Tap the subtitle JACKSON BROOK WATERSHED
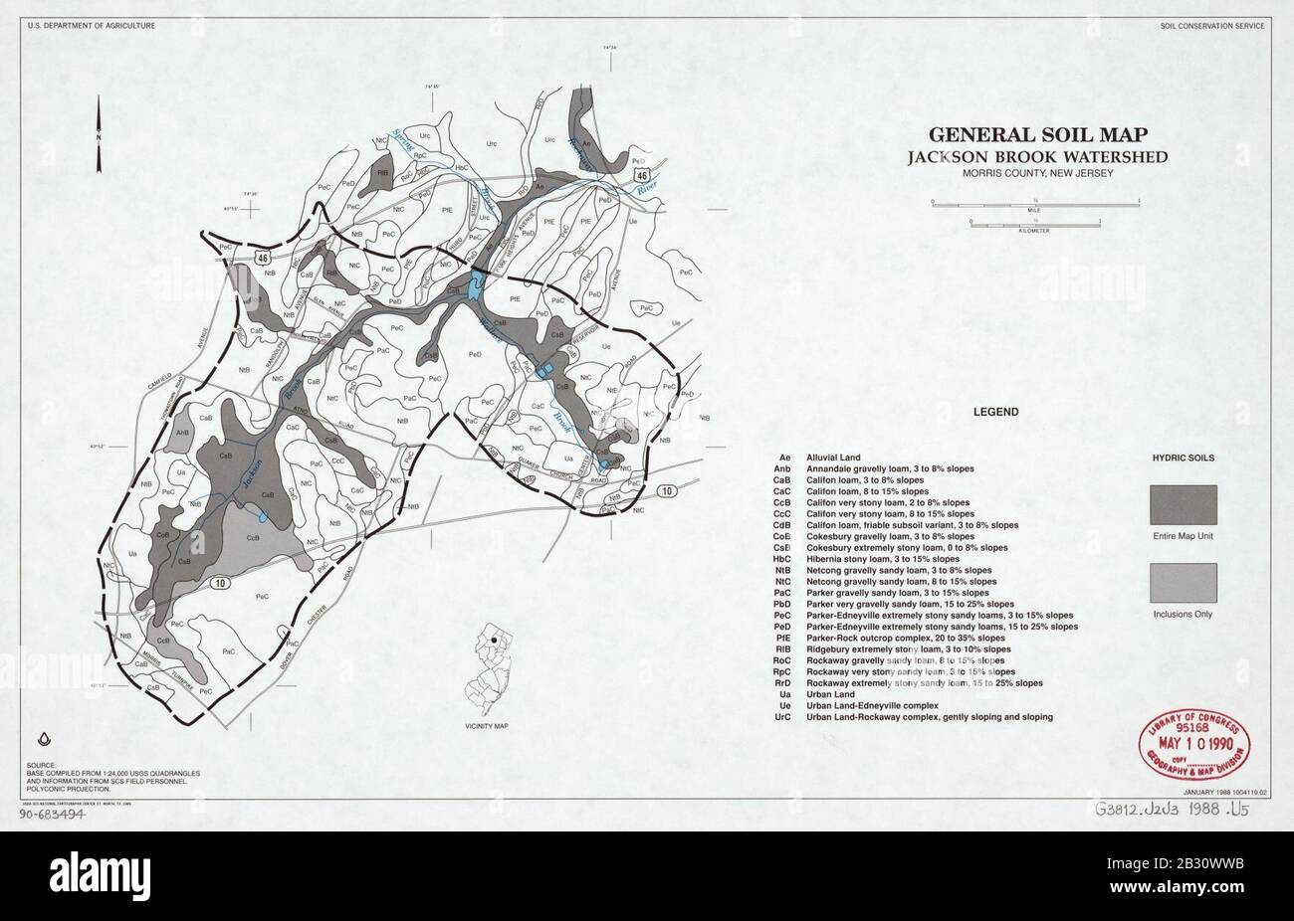point(1036,156)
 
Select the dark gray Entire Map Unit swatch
point(1183,504)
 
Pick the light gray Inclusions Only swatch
point(1183,582)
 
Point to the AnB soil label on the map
point(182,433)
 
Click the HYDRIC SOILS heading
point(1183,459)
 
